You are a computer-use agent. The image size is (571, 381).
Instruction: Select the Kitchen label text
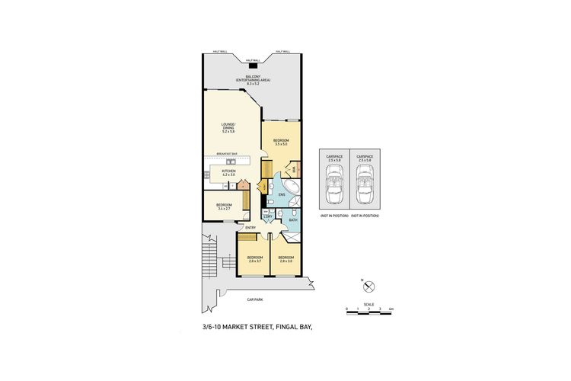point(228,173)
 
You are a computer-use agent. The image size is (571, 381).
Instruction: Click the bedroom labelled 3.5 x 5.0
point(281,142)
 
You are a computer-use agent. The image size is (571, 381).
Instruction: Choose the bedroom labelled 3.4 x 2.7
point(224,207)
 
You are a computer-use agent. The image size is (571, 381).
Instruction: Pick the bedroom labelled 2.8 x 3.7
point(254,259)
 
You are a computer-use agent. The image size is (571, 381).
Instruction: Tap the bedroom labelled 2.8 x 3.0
point(286,259)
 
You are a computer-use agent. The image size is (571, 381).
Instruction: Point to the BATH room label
point(292,221)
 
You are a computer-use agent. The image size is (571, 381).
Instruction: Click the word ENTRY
point(250,228)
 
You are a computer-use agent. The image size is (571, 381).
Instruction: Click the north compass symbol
point(368,287)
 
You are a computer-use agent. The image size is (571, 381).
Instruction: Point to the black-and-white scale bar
point(368,309)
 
